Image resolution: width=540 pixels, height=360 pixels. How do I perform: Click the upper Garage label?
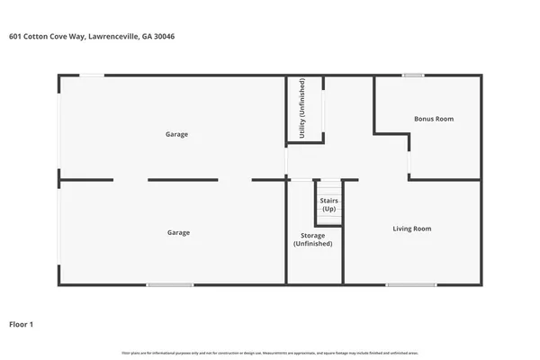tap(176, 134)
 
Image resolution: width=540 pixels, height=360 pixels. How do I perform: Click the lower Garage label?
tap(178, 232)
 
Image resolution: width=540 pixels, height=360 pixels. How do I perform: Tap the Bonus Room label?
tap(433, 119)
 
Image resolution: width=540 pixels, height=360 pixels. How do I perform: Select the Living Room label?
tap(412, 229)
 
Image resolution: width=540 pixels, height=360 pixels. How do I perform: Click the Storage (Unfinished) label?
tap(312, 240)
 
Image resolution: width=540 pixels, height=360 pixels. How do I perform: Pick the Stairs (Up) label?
tap(329, 206)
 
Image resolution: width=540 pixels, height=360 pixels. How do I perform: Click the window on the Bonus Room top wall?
tap(414, 76)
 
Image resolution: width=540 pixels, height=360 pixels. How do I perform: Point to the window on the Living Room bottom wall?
tap(412, 284)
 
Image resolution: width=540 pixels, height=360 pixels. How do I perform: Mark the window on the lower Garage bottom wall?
tap(170, 284)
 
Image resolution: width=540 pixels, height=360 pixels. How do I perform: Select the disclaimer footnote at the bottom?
tap(270, 352)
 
